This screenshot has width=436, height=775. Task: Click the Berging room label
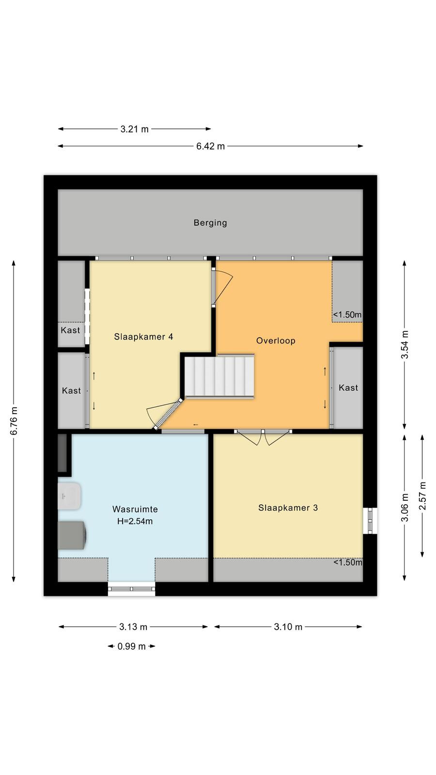coord(210,223)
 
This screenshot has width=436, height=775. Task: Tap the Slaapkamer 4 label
coord(143,337)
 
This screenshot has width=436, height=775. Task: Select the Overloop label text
coord(276,341)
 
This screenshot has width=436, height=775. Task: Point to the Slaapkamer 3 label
coord(288,508)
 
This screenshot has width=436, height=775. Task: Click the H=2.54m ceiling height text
coord(135,521)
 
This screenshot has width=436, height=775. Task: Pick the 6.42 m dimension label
coord(210,146)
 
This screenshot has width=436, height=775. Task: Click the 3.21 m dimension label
coord(134,129)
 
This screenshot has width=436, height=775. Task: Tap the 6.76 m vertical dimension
coord(14,421)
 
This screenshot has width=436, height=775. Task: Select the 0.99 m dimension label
coord(131,646)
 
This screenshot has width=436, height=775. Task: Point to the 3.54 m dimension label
coord(405,344)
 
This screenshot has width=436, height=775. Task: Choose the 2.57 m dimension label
coord(422,496)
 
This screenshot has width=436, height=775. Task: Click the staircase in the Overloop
coord(219,376)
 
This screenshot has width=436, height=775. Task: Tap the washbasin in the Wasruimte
coord(69,496)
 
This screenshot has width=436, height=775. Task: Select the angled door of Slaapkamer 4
coord(164,415)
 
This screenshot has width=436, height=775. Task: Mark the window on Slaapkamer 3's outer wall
coord(370,521)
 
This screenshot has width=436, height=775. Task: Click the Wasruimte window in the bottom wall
coord(131,589)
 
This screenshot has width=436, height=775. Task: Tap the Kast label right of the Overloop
coord(348,388)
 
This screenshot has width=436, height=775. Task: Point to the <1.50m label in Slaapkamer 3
coord(348,562)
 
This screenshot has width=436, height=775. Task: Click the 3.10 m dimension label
coord(288,627)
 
